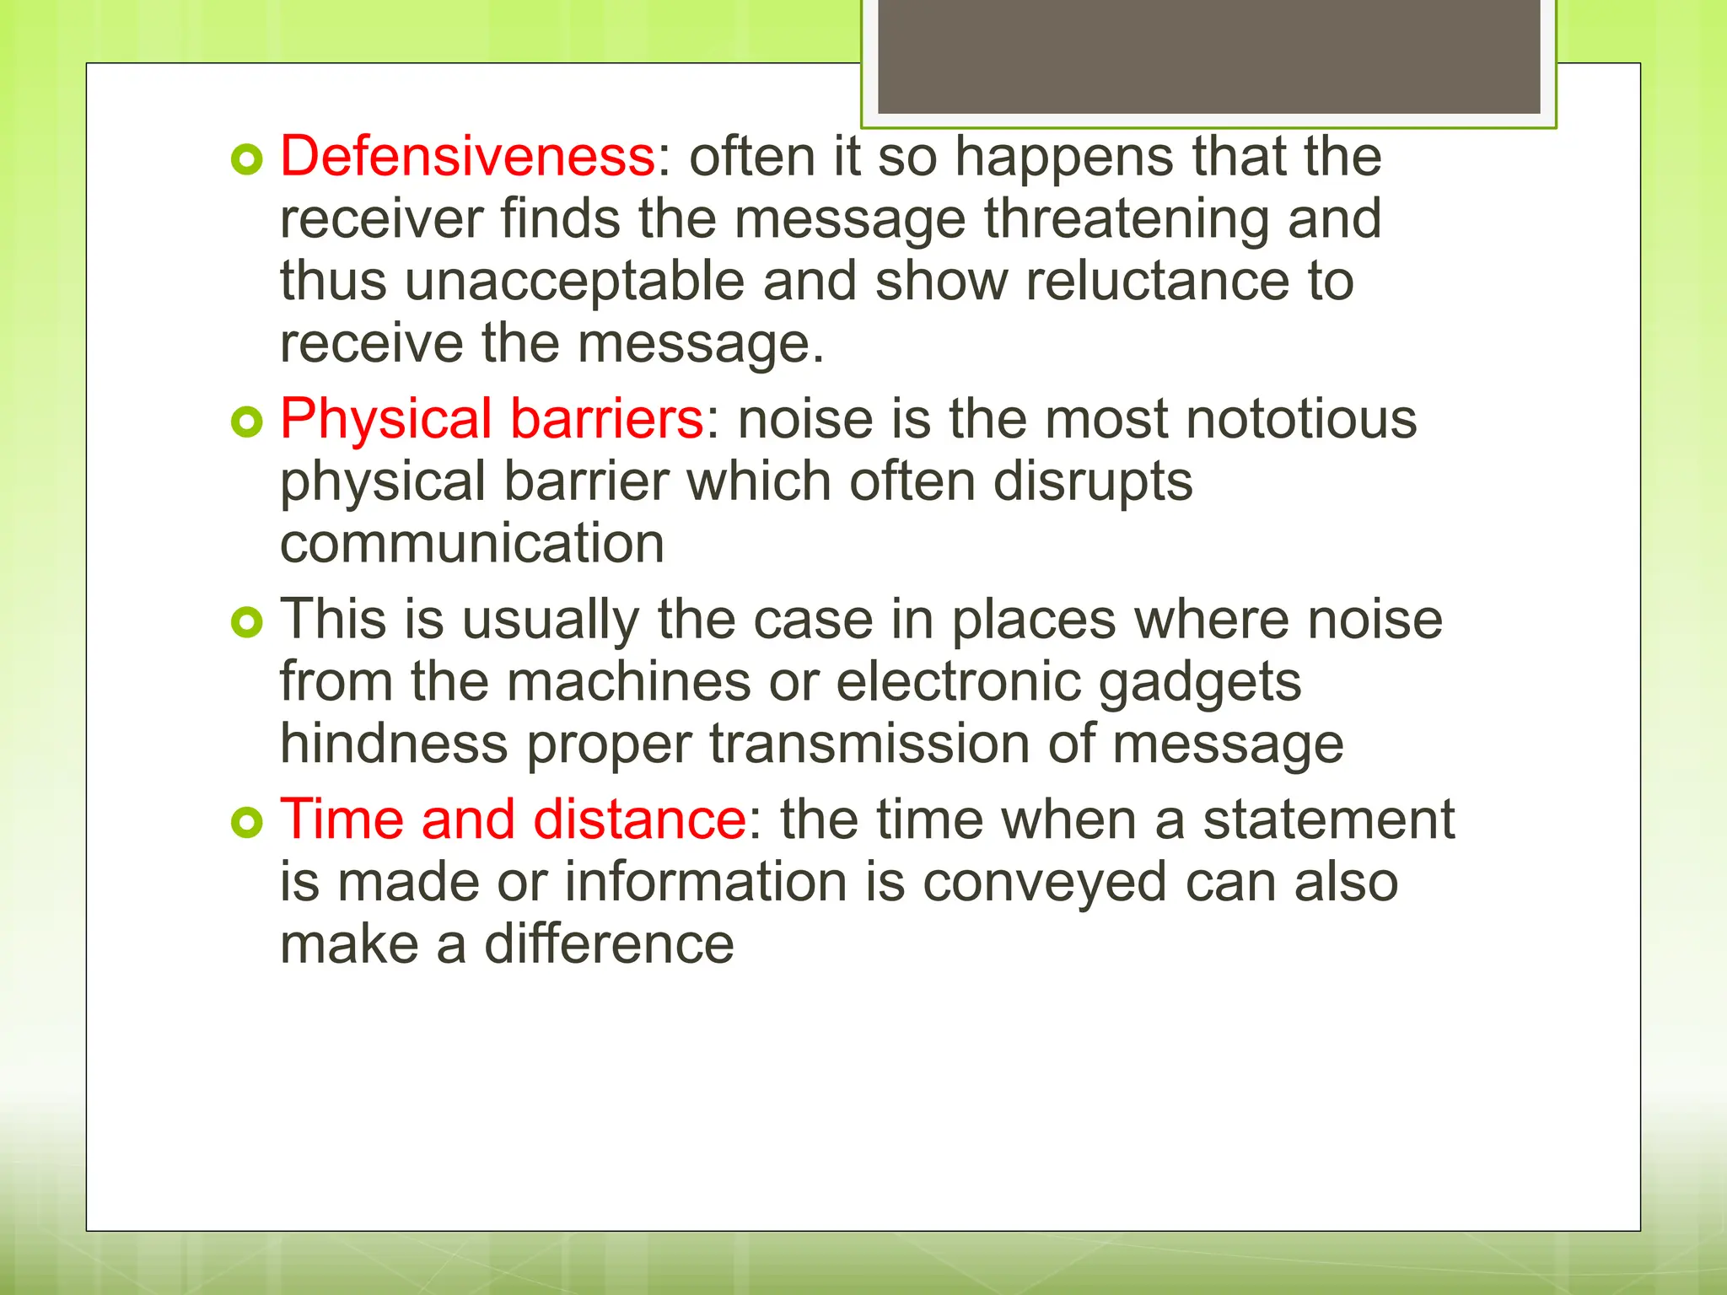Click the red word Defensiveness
click(x=467, y=157)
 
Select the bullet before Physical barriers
click(x=247, y=422)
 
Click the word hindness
click(x=394, y=744)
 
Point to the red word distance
click(x=639, y=819)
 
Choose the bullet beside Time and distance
click(x=247, y=822)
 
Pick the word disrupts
click(x=1092, y=481)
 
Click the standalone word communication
click(x=472, y=544)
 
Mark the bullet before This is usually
click(x=247, y=622)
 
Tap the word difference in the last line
click(x=608, y=944)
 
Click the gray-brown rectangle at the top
click(x=1208, y=56)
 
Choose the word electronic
click(x=958, y=681)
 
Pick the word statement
click(x=1328, y=819)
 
